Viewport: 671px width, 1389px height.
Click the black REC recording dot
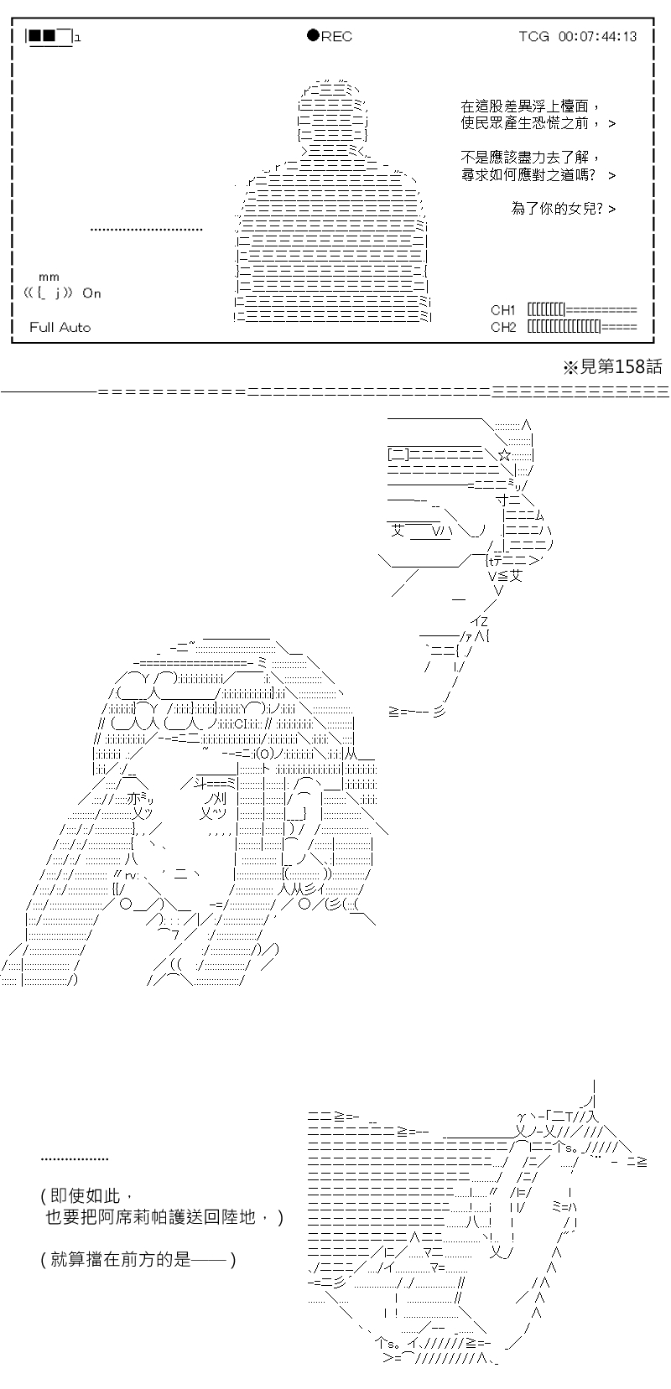tap(313, 35)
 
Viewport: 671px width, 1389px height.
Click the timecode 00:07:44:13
tap(598, 37)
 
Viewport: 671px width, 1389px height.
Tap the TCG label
tap(533, 37)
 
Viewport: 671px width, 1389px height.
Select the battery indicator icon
tap(51, 37)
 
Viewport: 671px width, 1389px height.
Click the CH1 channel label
tap(502, 310)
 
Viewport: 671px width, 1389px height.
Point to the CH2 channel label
tap(502, 327)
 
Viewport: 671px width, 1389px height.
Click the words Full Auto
tap(60, 328)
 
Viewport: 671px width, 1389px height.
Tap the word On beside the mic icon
tap(91, 293)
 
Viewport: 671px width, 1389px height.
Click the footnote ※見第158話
tap(612, 367)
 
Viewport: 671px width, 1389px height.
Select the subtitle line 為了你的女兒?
tap(557, 209)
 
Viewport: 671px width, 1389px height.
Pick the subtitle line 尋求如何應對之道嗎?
tap(528, 175)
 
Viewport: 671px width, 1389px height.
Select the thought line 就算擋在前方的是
tap(121, 1259)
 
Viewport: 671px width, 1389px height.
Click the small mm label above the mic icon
tap(49, 277)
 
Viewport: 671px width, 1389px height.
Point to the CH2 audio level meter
tap(582, 327)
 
